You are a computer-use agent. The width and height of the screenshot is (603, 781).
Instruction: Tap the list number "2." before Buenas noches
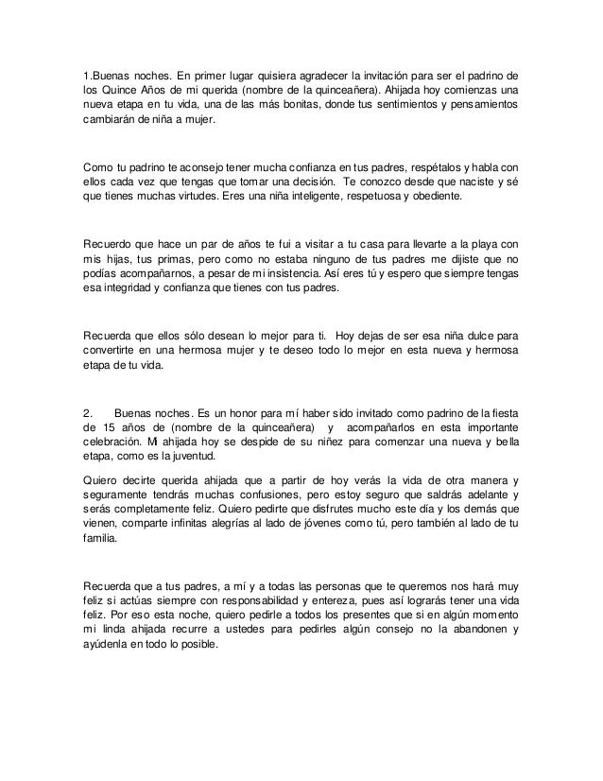(x=88, y=414)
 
